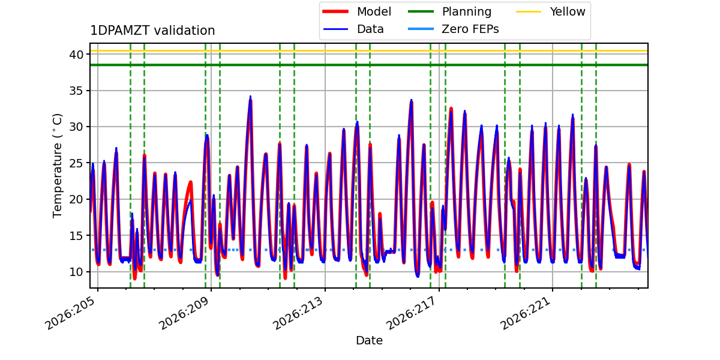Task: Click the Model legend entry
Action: point(357,11)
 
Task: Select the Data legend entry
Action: point(353,29)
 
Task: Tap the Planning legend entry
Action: point(449,11)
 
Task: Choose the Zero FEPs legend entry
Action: point(453,29)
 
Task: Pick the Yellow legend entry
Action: point(551,11)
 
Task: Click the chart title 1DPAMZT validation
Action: point(152,31)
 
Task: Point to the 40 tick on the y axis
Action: point(76,55)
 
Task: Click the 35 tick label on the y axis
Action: point(76,91)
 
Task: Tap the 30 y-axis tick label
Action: point(76,127)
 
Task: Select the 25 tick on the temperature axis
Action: point(76,163)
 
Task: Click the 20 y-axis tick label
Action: point(76,200)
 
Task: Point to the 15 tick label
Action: point(76,236)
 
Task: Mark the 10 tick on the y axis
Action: point(76,272)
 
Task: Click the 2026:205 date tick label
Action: point(71,313)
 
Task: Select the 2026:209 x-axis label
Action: point(185,313)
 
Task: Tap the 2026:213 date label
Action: point(298,313)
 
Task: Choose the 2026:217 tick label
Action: point(412,313)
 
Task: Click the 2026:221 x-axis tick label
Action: point(526,313)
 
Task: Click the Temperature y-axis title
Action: point(57,166)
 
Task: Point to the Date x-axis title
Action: point(369,340)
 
